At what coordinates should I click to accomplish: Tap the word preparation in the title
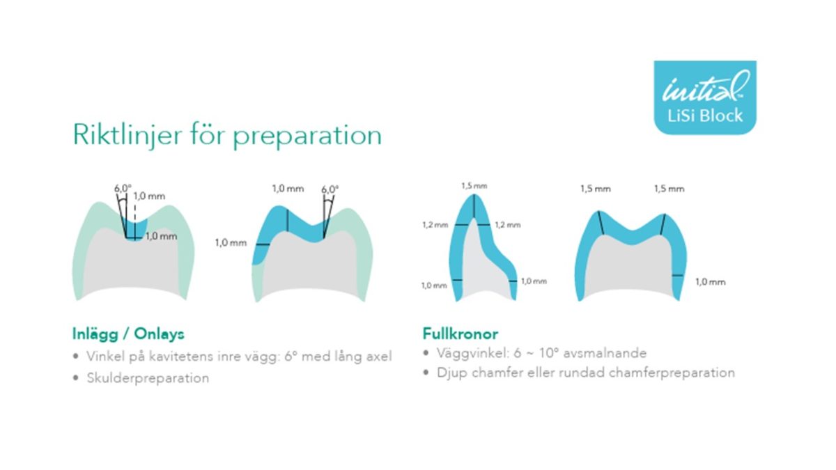[307, 137]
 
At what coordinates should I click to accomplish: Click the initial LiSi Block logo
[705, 97]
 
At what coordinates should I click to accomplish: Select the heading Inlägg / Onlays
[128, 334]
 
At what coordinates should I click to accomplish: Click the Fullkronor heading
[460, 334]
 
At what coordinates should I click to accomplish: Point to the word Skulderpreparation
[148, 378]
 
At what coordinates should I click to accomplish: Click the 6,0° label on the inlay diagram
[123, 189]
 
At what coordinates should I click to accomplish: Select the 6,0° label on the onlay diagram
[330, 189]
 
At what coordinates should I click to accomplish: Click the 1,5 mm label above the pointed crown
[474, 185]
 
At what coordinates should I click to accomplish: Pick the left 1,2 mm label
[435, 224]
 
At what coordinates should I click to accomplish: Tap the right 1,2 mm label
[508, 224]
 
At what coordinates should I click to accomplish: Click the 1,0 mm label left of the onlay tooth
[231, 243]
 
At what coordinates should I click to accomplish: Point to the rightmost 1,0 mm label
[710, 281]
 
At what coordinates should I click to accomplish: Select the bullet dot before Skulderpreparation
[76, 378]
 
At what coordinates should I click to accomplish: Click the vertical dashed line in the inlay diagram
[135, 220]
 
